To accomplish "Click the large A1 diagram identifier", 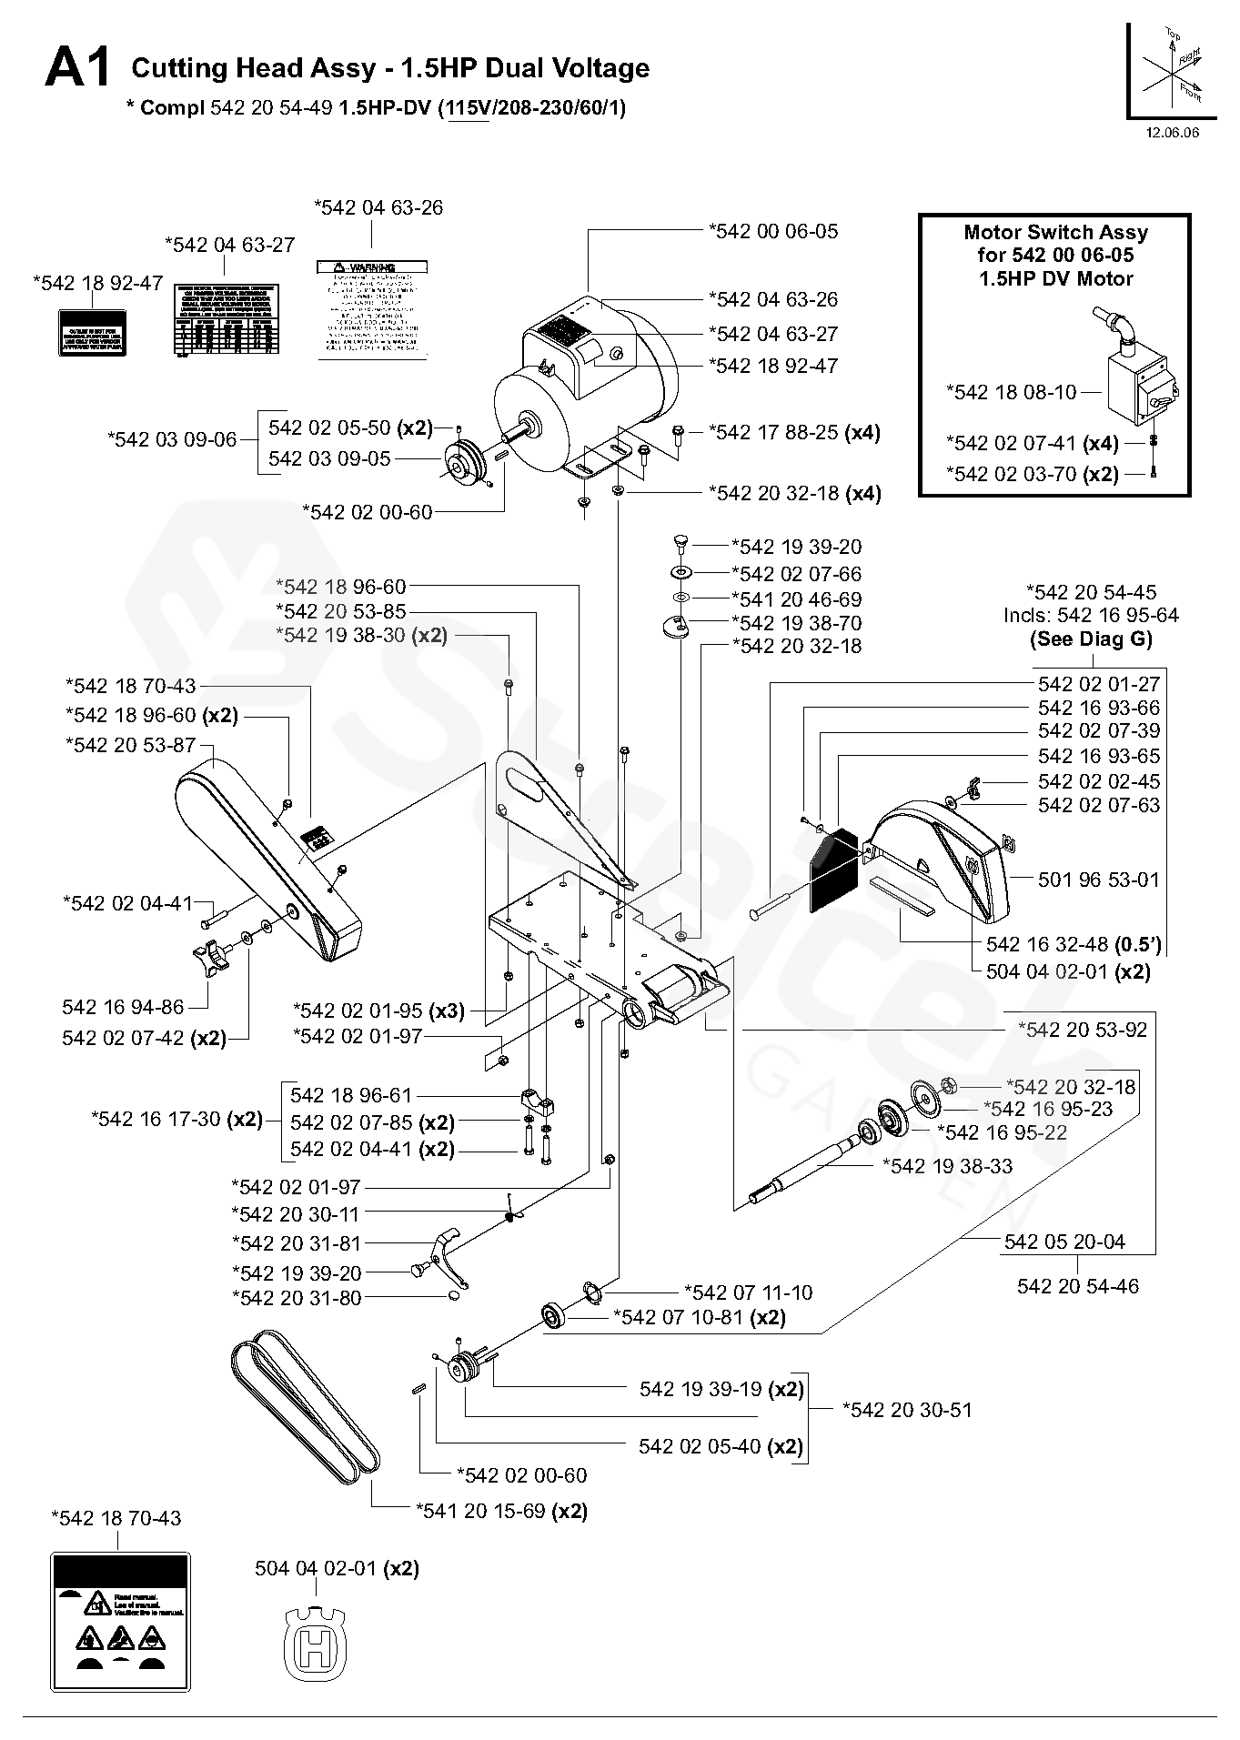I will [78, 69].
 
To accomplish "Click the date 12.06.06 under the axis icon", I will [1172, 133].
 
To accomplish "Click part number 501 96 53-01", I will [1099, 880].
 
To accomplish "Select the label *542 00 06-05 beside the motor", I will [773, 231].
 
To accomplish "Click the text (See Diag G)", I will [1091, 639].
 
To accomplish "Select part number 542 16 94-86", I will [123, 1007].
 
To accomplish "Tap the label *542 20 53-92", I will [1082, 1030].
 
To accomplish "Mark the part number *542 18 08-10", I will [1011, 392].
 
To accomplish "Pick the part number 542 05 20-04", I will [1064, 1242].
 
